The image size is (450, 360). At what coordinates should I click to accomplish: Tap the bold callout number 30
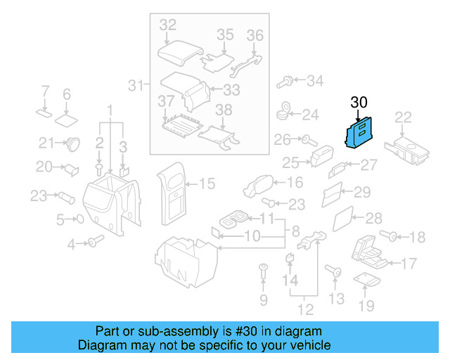click(359, 103)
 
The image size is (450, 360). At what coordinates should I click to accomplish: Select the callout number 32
click(167, 25)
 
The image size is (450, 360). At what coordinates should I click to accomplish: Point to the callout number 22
click(403, 117)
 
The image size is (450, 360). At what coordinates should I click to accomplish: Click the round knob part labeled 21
click(72, 143)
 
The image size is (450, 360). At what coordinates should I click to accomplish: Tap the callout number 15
click(207, 184)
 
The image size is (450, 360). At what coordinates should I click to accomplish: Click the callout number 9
click(264, 301)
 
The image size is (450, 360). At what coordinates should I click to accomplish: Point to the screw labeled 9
click(264, 270)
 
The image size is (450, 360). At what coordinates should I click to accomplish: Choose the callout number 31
click(134, 86)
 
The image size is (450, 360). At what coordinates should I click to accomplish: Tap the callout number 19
click(366, 305)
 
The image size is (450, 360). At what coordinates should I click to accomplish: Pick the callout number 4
click(71, 244)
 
